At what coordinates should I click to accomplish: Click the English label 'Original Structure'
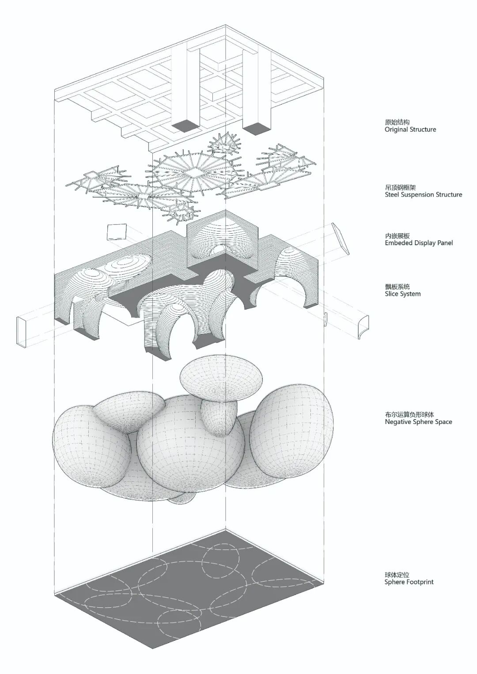coord(410,130)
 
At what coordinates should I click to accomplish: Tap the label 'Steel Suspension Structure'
coord(423,195)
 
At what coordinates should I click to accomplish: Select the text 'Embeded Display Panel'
coord(419,243)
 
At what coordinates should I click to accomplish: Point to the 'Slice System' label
coord(402,294)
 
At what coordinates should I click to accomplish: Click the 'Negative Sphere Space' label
coord(418,422)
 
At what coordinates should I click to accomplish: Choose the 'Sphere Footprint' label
coord(409,582)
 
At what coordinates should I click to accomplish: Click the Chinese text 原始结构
coord(397,122)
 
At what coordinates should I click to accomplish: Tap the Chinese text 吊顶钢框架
coord(400,187)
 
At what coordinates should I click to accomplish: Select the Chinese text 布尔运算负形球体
coord(409,415)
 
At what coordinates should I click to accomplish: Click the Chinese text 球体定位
coord(397,575)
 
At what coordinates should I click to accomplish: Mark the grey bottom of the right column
coord(256,129)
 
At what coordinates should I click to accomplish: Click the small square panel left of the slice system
coord(117,232)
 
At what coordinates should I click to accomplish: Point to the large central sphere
coord(190,446)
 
